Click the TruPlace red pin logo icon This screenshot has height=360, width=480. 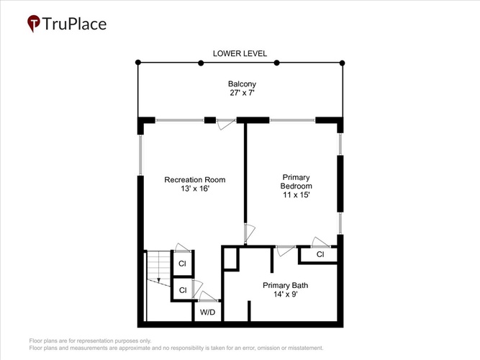[33, 23]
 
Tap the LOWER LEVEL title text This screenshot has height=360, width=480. [240, 53]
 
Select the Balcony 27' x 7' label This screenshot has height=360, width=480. [242, 89]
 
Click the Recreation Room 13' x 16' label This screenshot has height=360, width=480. [195, 184]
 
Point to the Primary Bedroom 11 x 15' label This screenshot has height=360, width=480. [296, 186]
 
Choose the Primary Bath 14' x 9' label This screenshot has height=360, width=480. [285, 290]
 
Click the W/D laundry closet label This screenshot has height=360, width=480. [207, 312]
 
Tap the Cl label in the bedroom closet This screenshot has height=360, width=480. [320, 254]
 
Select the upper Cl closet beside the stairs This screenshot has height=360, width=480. [183, 264]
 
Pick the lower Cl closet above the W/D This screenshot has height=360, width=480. [183, 290]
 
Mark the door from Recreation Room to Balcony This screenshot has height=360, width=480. [226, 124]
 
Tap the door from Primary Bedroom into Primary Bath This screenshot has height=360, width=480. [285, 251]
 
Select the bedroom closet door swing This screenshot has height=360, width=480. [320, 242]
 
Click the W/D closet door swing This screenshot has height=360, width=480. [208, 296]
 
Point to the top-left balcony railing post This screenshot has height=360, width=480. [138, 63]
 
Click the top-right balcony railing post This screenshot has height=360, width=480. [343, 63]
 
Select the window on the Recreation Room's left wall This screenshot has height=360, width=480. [140, 156]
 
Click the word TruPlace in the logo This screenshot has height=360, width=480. [74, 24]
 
